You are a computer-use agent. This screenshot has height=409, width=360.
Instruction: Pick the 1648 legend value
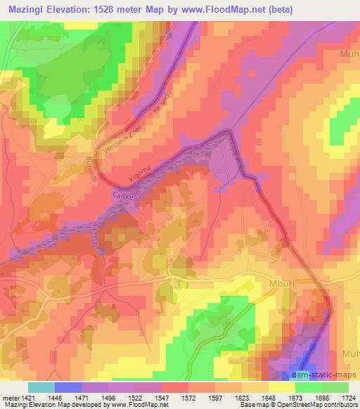[269, 398]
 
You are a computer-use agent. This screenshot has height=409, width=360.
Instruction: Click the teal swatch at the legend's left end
[41, 387]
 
